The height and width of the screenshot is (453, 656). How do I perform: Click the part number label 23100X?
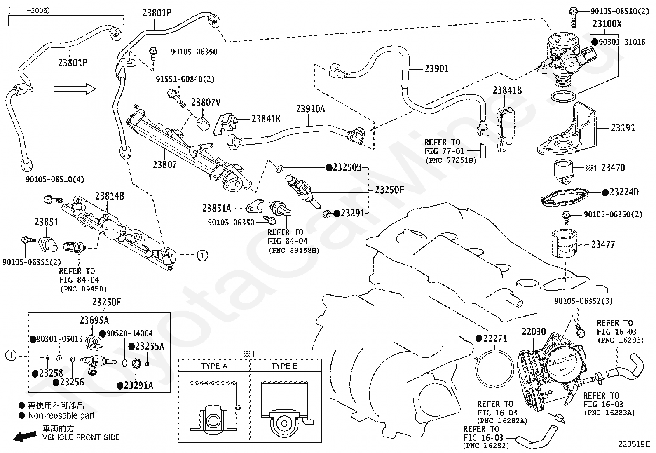tap(607, 24)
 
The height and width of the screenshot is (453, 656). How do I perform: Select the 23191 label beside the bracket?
tap(623, 128)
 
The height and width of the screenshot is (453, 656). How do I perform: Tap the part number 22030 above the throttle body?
tap(534, 332)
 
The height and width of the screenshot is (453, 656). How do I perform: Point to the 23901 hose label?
tap(436, 68)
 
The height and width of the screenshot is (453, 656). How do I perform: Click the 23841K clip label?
tap(266, 119)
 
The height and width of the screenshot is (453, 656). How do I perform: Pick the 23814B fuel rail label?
tap(110, 196)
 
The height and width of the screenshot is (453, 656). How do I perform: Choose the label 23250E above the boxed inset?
tap(107, 302)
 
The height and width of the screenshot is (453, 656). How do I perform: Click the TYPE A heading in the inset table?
tap(214, 366)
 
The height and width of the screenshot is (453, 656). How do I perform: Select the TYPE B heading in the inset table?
tap(284, 366)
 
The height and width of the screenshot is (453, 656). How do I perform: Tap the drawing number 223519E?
tap(633, 444)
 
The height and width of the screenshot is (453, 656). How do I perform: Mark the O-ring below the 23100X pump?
tap(564, 97)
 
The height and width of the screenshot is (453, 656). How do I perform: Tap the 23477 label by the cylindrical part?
tap(603, 244)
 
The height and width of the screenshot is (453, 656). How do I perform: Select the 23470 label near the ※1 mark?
tap(613, 168)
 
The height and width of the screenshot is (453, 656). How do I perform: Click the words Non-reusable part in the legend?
tap(61, 415)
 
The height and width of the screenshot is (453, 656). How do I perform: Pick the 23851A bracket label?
tap(217, 209)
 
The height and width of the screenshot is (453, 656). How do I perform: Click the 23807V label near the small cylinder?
tap(205, 103)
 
